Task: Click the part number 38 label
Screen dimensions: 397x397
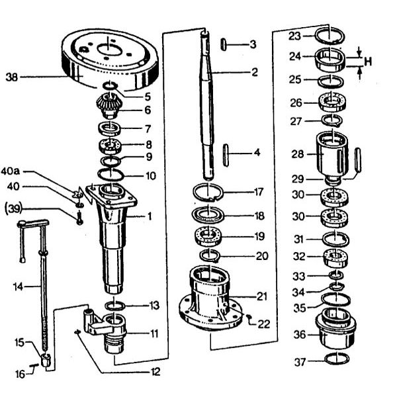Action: point(12,77)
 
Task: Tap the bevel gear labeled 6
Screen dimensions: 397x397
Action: point(109,106)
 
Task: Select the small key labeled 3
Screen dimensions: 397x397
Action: point(224,44)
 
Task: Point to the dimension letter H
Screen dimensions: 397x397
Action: point(368,62)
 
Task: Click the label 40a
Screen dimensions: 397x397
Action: point(10,171)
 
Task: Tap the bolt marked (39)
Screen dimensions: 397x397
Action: point(80,218)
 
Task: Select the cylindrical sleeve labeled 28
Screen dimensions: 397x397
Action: point(332,155)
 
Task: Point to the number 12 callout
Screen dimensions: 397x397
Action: point(155,372)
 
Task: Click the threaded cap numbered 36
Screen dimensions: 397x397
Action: point(335,328)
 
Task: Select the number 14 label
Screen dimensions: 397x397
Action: point(19,287)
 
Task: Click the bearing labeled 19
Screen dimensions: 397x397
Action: point(208,237)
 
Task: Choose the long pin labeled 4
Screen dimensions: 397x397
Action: point(226,155)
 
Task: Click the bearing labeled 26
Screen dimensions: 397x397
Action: point(332,102)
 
